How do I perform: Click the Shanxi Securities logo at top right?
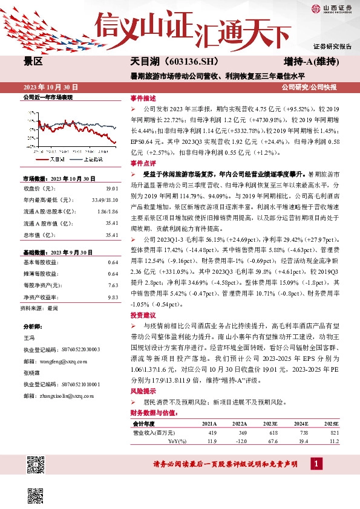(332, 8)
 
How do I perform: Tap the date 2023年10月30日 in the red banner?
(51, 87)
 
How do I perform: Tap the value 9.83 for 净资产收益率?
(112, 297)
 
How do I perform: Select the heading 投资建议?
(143, 316)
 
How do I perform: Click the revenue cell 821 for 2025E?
(335, 433)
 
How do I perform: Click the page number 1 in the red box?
(315, 464)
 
